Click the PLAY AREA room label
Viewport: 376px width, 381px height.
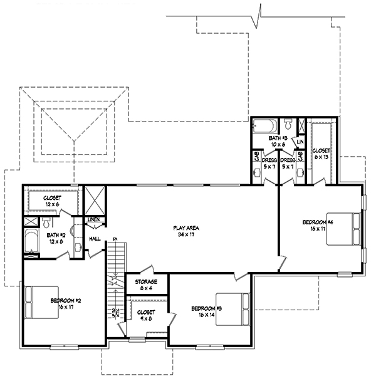(184, 230)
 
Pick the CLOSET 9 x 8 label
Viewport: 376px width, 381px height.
(145, 314)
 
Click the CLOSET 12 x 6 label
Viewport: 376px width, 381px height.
(52, 200)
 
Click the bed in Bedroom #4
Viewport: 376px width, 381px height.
(349, 230)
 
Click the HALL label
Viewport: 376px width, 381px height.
(95, 239)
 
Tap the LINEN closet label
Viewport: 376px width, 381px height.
(93, 220)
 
